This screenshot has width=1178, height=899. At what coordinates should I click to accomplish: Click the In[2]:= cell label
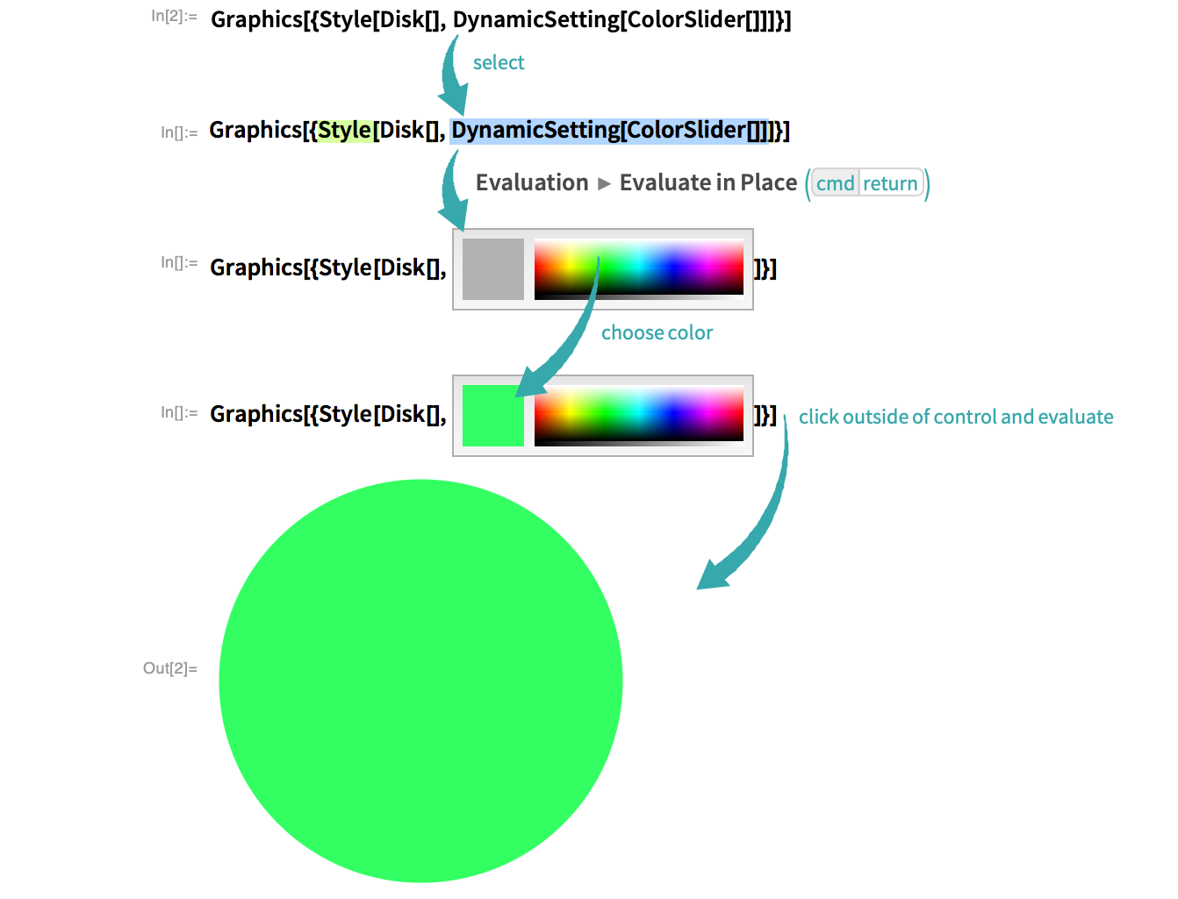pos(173,17)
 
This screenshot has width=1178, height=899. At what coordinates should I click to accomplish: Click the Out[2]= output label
pos(169,668)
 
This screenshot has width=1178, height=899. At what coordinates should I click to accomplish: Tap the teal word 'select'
pos(498,63)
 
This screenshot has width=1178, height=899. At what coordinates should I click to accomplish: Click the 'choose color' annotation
pos(657,332)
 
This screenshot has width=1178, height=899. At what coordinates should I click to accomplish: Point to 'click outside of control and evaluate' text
pos(955,417)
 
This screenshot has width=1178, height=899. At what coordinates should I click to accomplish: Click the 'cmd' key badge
pos(835,183)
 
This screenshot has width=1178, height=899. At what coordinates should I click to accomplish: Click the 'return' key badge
pos(890,183)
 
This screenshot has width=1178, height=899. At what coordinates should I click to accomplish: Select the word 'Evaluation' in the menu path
pos(532,182)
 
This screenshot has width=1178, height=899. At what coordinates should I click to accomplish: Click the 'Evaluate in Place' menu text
pos(708,182)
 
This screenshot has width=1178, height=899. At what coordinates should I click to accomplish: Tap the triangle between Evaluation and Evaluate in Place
pos(604,184)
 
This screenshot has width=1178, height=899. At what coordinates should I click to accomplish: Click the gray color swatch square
pos(492,269)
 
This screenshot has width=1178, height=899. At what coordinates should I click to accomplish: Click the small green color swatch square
pos(492,416)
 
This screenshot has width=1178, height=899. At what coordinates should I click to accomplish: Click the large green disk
pos(420,681)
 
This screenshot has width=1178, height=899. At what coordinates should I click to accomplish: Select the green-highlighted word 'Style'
pos(345,131)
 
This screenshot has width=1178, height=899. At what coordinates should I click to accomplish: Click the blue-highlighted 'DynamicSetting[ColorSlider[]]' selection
pos(609,131)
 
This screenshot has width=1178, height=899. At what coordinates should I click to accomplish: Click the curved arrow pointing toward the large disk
pos(762,515)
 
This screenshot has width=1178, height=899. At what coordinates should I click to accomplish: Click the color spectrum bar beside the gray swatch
pos(639,269)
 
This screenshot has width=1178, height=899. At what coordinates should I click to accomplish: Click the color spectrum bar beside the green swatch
pos(639,416)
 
